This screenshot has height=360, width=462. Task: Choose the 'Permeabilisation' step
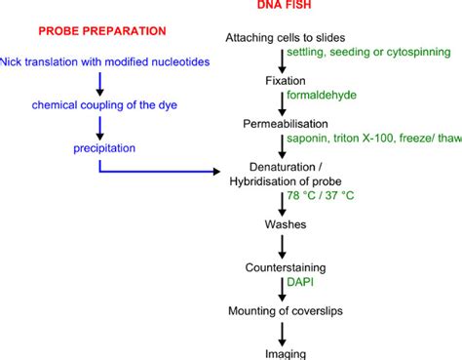(282, 124)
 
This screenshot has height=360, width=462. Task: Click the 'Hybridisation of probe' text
(281, 184)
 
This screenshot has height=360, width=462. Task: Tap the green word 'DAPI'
(301, 281)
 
